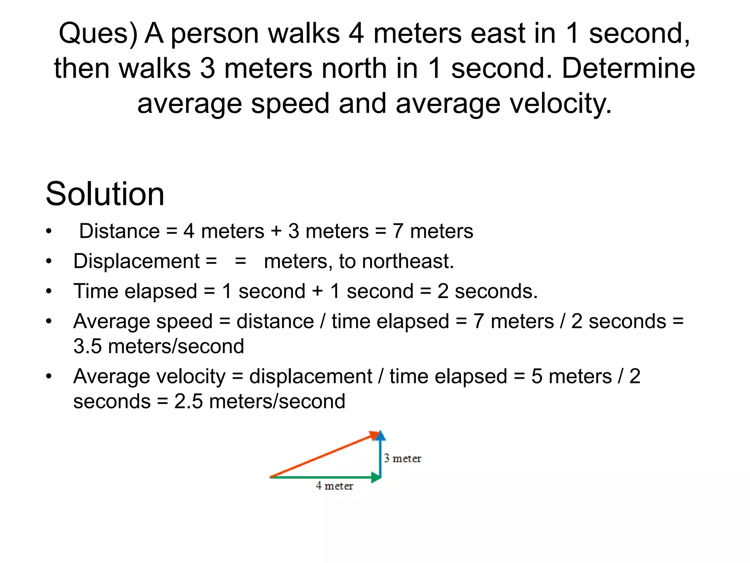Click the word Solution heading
point(105,194)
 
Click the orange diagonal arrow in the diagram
point(322,456)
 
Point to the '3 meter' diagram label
point(402,459)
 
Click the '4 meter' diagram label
point(334,486)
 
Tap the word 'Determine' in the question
point(628,69)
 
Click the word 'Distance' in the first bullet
point(119,231)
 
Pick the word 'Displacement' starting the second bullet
point(137,261)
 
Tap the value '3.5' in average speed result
point(88,346)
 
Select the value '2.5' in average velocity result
point(188,401)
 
